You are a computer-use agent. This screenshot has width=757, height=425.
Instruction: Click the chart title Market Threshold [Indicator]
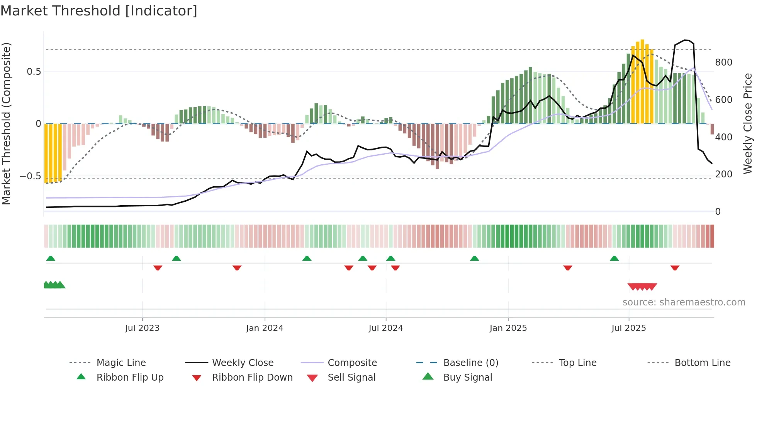[x=99, y=11]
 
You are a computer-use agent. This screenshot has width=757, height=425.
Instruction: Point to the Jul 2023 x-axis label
[x=142, y=328]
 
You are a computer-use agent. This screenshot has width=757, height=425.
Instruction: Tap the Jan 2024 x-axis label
[x=265, y=328]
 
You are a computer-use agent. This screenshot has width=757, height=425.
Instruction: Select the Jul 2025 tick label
[x=628, y=328]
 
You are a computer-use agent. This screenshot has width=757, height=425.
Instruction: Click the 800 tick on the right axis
[x=723, y=62]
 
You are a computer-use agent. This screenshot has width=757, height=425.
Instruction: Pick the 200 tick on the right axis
[x=723, y=174]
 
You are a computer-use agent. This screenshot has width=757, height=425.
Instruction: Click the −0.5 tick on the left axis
[x=31, y=176]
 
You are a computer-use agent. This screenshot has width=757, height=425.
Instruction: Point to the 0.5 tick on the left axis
[x=34, y=72]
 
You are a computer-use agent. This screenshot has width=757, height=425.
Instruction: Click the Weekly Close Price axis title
[x=748, y=123]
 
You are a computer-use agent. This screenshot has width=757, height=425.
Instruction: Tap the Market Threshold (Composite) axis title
[x=6, y=123]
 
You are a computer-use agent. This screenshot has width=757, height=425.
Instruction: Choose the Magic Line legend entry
[x=121, y=363]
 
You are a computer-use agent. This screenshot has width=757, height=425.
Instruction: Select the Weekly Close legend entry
[x=243, y=363]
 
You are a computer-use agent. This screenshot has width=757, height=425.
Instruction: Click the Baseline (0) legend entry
[x=470, y=363]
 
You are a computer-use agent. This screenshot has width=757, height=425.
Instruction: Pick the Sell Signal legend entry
[x=351, y=378]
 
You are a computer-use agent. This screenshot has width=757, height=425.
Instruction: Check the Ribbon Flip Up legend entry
[x=130, y=378]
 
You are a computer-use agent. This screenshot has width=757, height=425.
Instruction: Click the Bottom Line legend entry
[x=702, y=363]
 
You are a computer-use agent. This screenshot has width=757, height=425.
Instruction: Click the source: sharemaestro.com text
[x=684, y=302]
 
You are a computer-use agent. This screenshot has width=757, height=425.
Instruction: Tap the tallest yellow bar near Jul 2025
[x=642, y=81]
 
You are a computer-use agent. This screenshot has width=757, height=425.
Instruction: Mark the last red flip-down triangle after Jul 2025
[x=675, y=268]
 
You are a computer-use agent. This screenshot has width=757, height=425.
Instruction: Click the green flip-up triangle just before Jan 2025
[x=474, y=258]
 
